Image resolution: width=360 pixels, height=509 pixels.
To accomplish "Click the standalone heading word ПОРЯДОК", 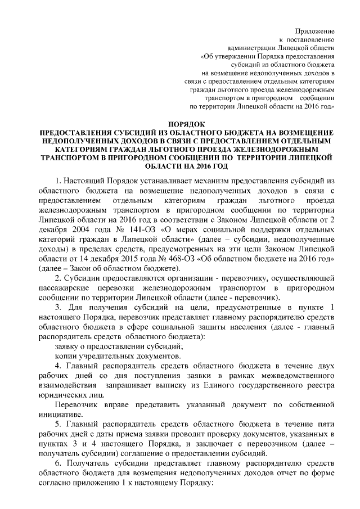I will click(187, 123).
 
